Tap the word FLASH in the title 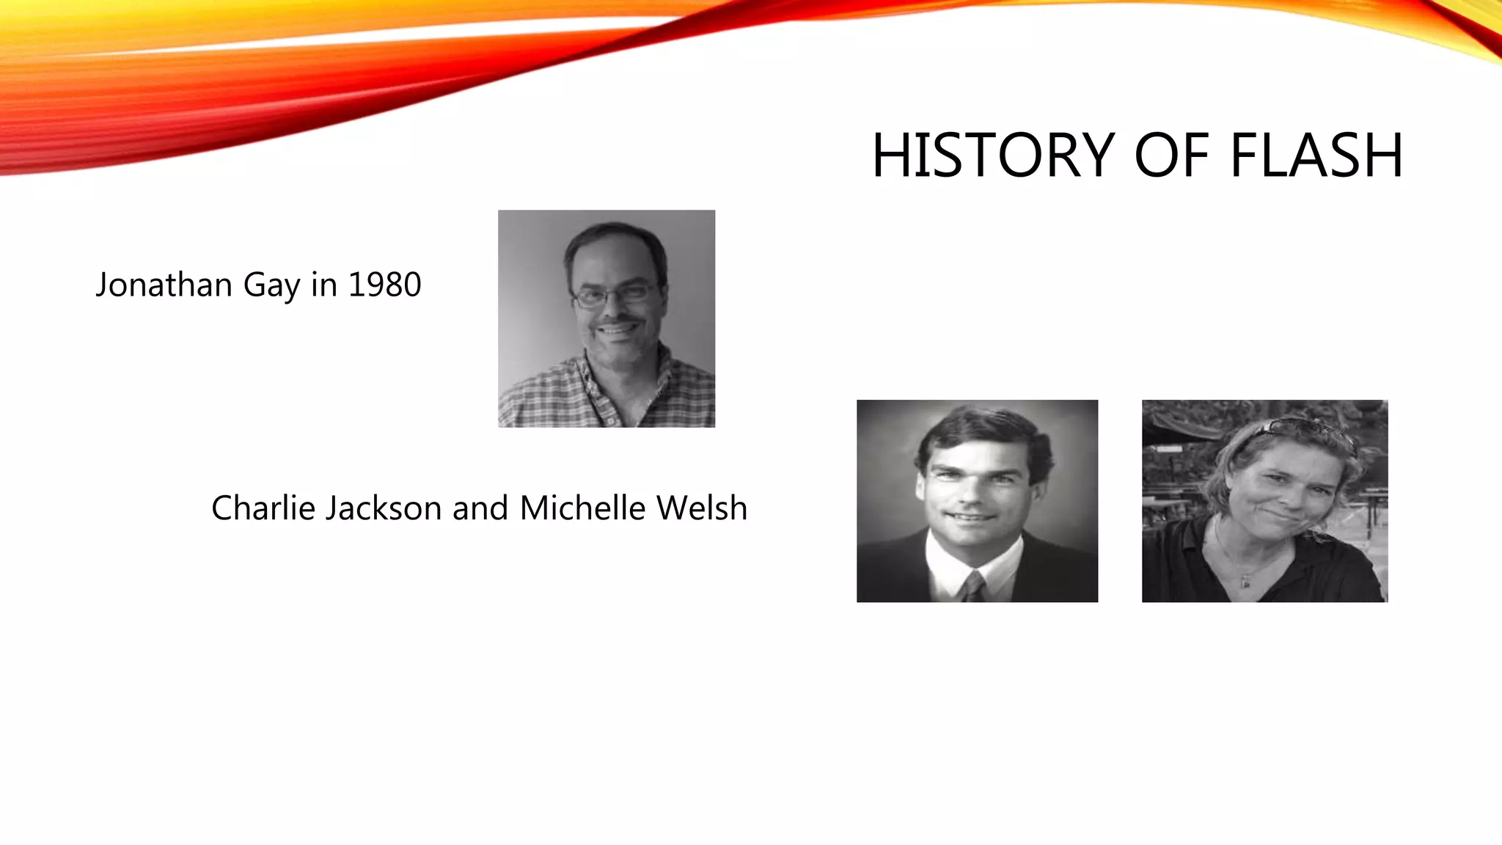click(x=1316, y=156)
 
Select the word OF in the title click(x=1171, y=156)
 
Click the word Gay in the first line click(x=272, y=286)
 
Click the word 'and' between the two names click(x=480, y=508)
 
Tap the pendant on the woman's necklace click(x=1245, y=583)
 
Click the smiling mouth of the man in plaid click(x=618, y=330)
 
